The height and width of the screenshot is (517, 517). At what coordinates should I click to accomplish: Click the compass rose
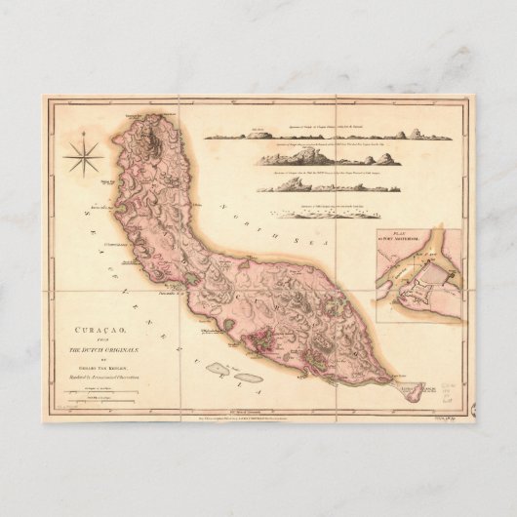tap(82, 152)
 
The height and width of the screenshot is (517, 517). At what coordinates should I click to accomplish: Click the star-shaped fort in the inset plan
tap(410, 292)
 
